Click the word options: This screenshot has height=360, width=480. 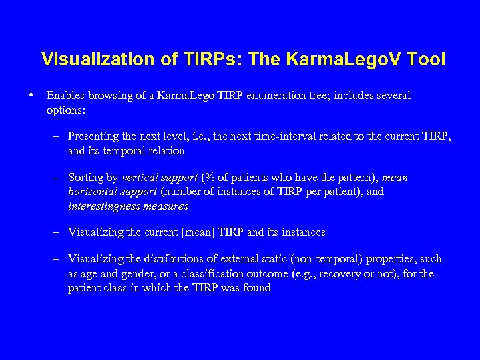(x=67, y=109)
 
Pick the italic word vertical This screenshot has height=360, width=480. (x=140, y=178)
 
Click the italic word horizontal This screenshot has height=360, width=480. (x=93, y=192)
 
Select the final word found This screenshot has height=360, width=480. (x=258, y=288)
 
